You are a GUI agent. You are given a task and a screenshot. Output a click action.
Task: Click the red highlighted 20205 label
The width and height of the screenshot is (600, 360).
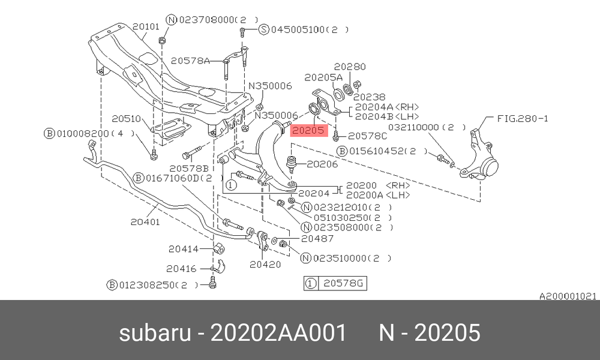click(308, 130)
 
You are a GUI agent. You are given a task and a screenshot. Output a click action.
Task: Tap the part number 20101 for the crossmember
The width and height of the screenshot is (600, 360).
click(146, 26)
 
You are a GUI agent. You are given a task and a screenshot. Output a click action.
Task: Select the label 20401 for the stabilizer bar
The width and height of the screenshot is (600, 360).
click(145, 222)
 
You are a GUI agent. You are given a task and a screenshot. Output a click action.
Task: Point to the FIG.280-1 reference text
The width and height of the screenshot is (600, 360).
click(523, 119)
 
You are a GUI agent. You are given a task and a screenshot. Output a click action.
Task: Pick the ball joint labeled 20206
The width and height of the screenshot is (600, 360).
click(292, 163)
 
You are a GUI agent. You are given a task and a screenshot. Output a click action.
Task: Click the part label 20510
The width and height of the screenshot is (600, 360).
click(126, 119)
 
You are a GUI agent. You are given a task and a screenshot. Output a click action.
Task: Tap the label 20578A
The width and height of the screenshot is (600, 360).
click(190, 61)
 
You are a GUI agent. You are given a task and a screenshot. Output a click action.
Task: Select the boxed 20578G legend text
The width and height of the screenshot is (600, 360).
click(343, 283)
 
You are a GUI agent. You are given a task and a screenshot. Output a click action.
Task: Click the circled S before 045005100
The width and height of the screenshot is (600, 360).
click(263, 29)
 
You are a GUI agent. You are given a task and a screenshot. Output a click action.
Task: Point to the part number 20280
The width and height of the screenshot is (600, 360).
click(350, 67)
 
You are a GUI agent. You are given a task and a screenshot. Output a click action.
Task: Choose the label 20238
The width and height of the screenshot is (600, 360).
click(369, 97)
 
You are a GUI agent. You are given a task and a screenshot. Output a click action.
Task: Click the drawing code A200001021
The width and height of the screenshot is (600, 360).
click(568, 296)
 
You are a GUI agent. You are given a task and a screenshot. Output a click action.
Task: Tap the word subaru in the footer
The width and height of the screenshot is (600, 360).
click(155, 332)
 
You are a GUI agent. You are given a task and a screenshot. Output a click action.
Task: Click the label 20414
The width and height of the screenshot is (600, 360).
click(184, 249)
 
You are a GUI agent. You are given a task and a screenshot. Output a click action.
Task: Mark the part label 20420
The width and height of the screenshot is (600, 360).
click(265, 265)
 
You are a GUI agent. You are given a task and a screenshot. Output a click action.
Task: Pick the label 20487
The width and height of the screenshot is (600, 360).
click(317, 238)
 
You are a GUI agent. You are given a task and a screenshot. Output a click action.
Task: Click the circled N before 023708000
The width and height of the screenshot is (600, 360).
click(172, 20)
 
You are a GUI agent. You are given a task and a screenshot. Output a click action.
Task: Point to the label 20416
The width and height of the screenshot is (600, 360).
click(181, 269)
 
